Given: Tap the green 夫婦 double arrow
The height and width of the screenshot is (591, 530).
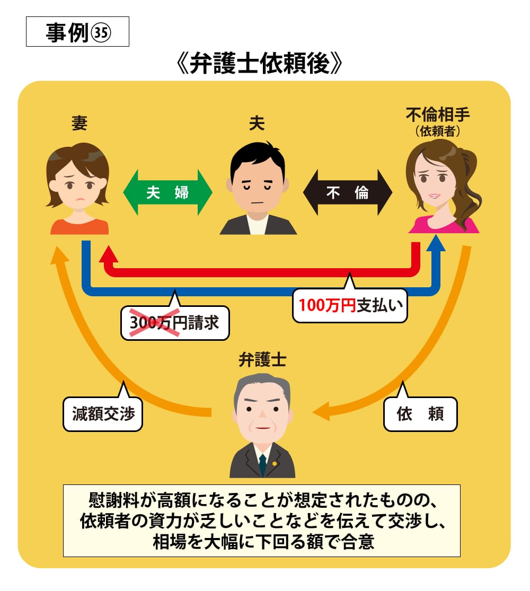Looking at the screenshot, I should click(x=167, y=192).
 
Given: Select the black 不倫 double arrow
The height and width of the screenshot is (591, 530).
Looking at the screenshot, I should click(x=348, y=192).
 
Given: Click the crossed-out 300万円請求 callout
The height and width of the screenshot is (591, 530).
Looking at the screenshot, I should click(x=175, y=323).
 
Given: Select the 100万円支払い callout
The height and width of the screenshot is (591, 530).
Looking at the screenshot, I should click(x=350, y=305).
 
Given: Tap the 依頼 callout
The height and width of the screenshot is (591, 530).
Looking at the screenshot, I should click(x=420, y=414).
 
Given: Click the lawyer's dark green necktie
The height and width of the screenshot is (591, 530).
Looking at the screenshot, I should click(x=262, y=464).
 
